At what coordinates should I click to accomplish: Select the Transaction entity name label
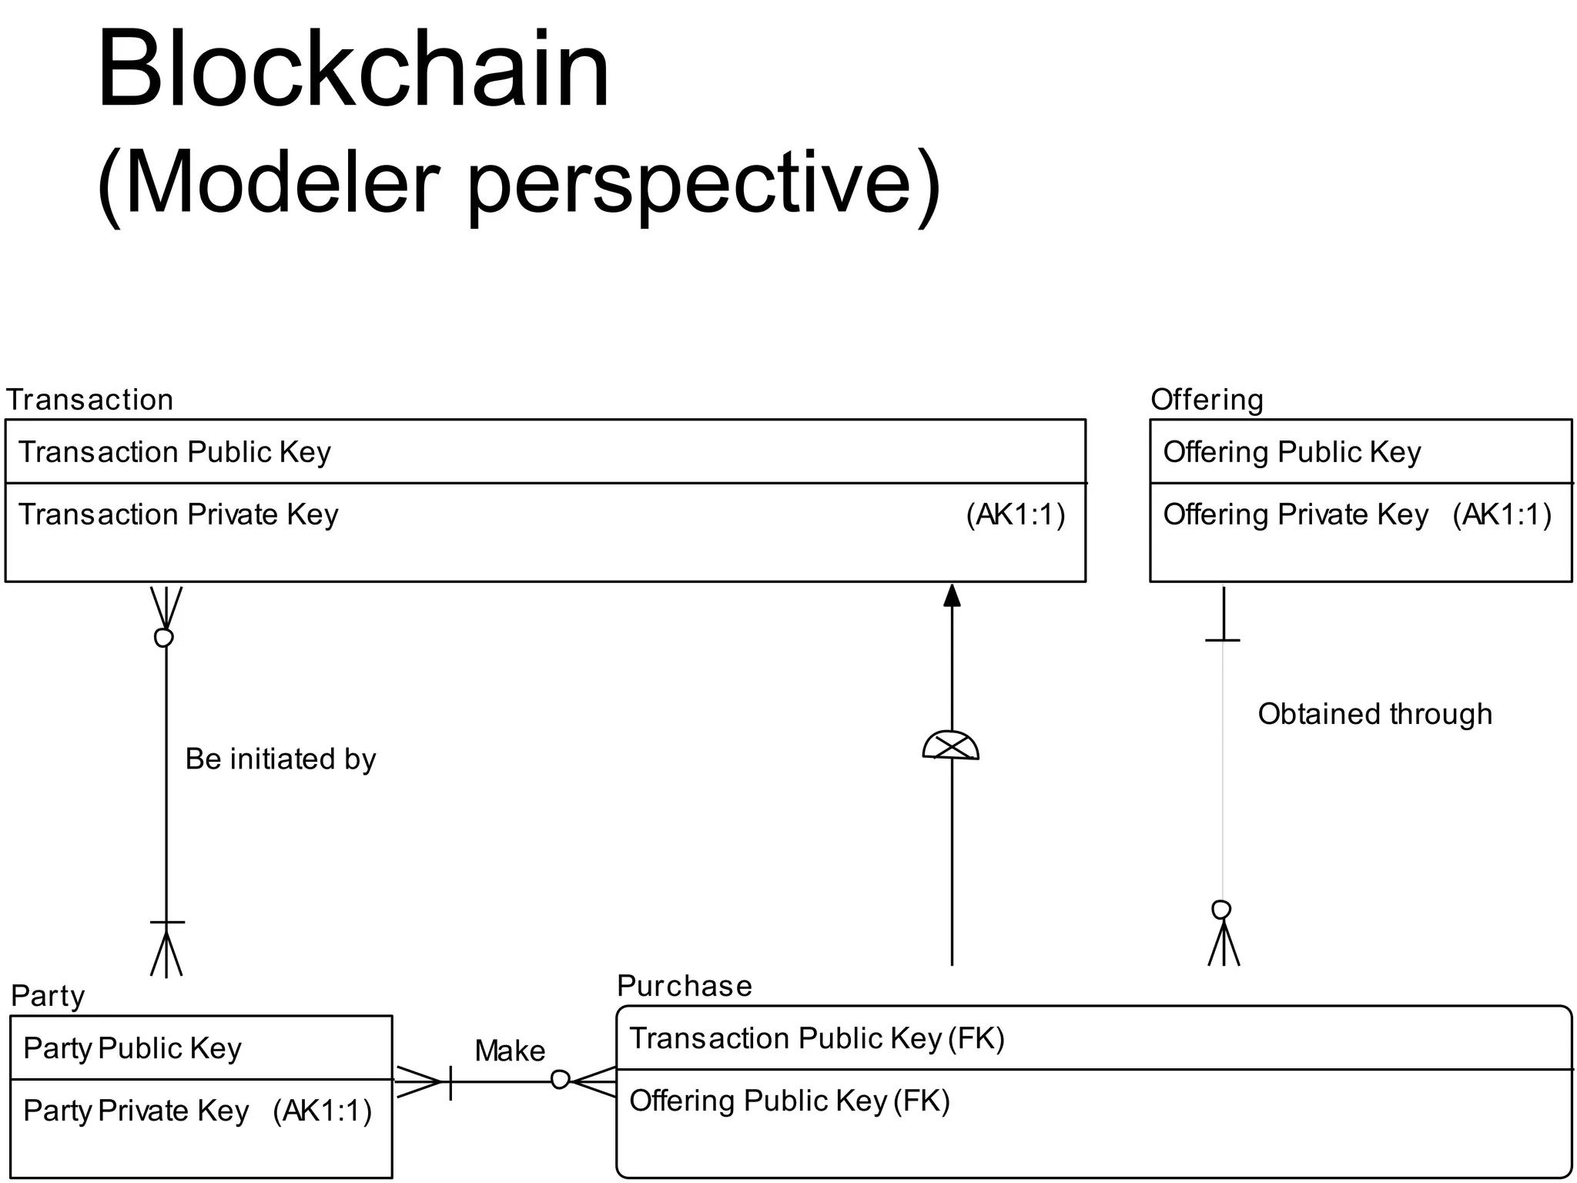(89, 400)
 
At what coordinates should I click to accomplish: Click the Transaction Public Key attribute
(175, 452)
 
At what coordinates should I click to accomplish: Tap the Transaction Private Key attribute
(178, 514)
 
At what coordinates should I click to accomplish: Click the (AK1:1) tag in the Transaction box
(1016, 514)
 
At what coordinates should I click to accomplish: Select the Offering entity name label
(1207, 400)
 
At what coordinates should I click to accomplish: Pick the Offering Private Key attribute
(1295, 514)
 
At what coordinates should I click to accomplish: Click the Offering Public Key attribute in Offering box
(1291, 452)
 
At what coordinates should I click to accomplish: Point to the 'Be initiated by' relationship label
(280, 759)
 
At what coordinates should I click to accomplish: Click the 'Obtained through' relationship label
(1374, 714)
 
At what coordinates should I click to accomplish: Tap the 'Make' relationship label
(510, 1051)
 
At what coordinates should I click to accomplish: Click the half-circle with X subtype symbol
(951, 746)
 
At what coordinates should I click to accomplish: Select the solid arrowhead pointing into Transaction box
(952, 595)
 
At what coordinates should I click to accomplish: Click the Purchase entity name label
(684, 986)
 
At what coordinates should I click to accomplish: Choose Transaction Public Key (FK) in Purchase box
(817, 1039)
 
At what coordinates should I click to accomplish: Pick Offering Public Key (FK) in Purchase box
(789, 1101)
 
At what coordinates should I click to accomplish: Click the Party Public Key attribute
(132, 1049)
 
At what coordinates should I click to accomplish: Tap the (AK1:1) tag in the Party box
(322, 1111)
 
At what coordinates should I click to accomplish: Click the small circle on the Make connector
(560, 1080)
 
